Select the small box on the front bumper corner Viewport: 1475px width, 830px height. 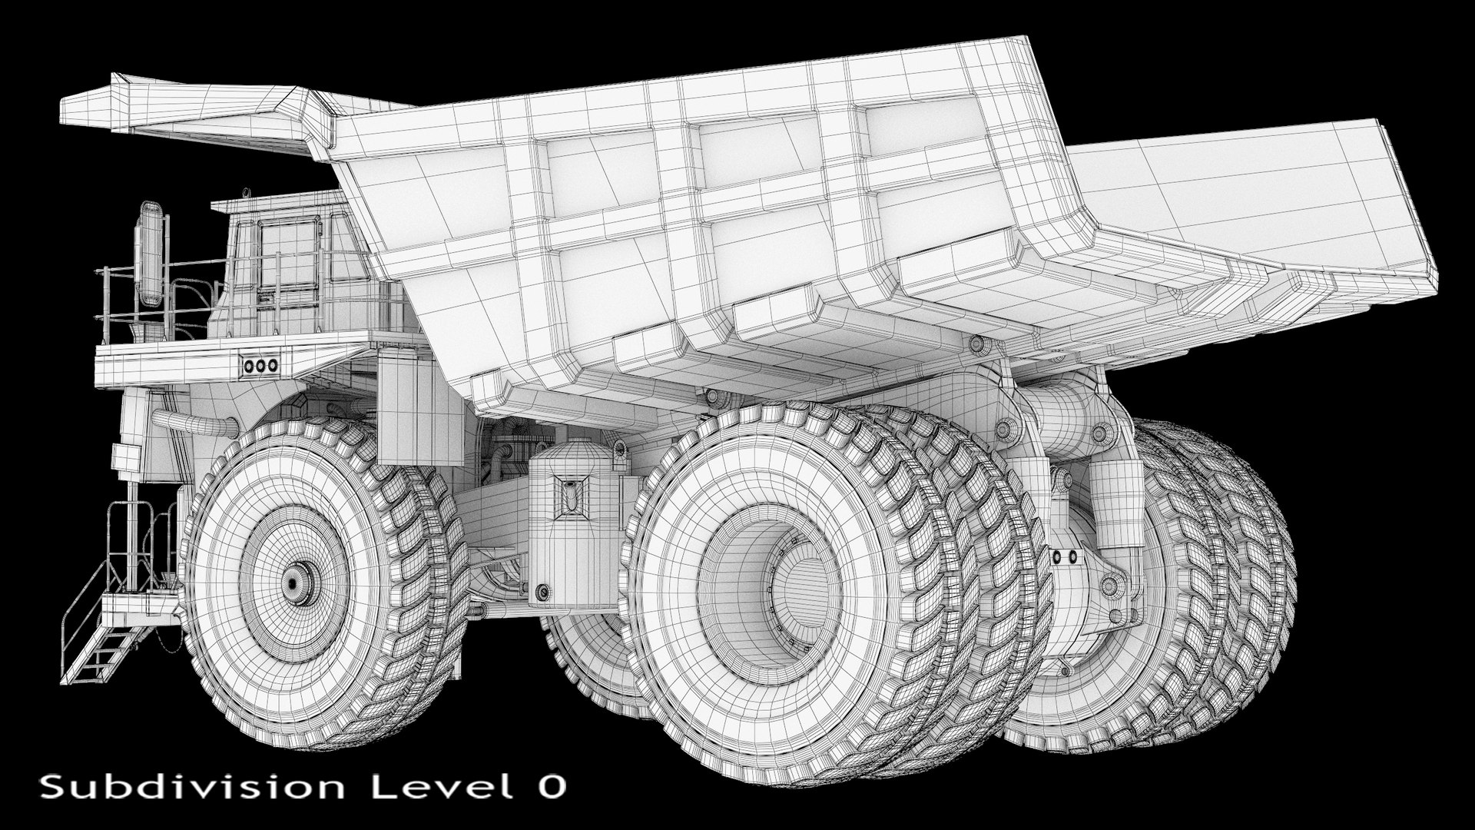click(123, 459)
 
